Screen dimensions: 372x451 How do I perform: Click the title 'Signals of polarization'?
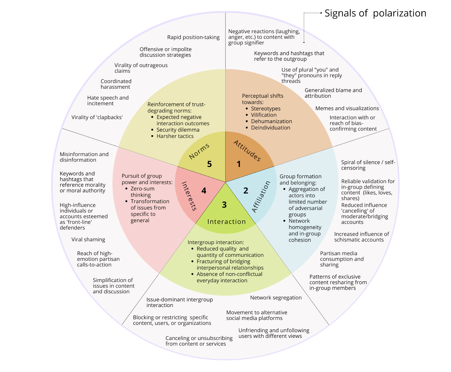click(x=375, y=13)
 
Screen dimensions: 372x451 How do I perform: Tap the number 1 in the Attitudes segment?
click(x=239, y=164)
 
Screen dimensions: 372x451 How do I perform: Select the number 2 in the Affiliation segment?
click(x=246, y=191)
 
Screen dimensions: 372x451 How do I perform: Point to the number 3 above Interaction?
click(x=224, y=205)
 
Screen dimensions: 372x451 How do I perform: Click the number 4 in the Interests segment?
click(x=204, y=191)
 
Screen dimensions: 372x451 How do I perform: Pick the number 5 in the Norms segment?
click(x=209, y=164)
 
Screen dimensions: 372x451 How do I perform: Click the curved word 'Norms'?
click(x=199, y=151)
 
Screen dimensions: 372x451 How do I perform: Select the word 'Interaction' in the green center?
click(x=226, y=222)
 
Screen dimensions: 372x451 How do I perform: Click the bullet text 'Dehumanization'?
click(x=271, y=121)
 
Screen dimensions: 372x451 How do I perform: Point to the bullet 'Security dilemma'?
click(x=178, y=130)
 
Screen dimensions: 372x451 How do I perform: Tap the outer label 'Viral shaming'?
click(x=88, y=240)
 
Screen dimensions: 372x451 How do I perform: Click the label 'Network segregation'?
click(x=276, y=298)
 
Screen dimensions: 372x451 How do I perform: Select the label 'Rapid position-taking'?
click(x=193, y=37)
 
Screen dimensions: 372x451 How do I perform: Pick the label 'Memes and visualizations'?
click(x=347, y=108)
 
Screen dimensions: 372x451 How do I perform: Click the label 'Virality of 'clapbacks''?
click(x=97, y=117)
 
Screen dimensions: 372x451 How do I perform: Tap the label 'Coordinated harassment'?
click(x=116, y=84)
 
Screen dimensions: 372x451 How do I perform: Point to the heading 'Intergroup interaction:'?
click(x=216, y=242)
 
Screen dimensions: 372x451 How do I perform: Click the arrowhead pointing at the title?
click(x=321, y=13)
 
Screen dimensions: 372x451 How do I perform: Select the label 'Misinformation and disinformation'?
click(x=84, y=157)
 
